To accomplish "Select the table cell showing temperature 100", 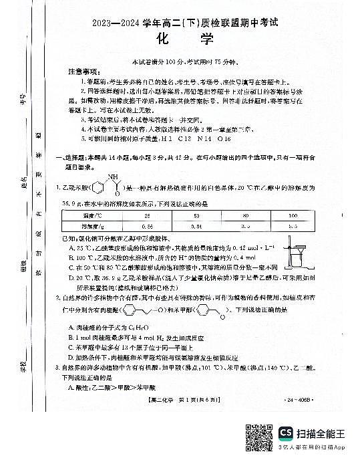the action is (291, 216).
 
